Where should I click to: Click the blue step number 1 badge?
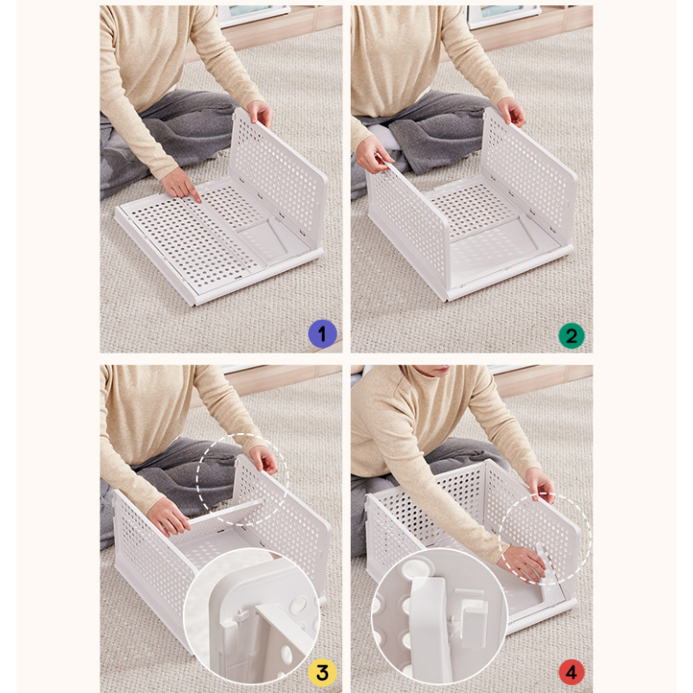[322, 334]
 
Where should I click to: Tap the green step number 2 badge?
[572, 336]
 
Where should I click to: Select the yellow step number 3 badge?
[322, 672]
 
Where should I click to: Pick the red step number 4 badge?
[572, 672]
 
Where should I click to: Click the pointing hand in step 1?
[180, 185]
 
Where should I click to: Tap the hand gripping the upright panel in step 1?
[259, 113]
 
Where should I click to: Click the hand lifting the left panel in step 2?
[372, 154]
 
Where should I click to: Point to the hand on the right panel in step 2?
[511, 112]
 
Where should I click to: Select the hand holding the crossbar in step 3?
[168, 516]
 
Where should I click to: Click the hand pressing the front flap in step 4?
[523, 564]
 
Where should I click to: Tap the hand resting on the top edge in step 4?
[540, 485]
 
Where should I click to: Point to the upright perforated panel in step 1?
[277, 177]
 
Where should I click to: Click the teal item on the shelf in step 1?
[247, 10]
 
